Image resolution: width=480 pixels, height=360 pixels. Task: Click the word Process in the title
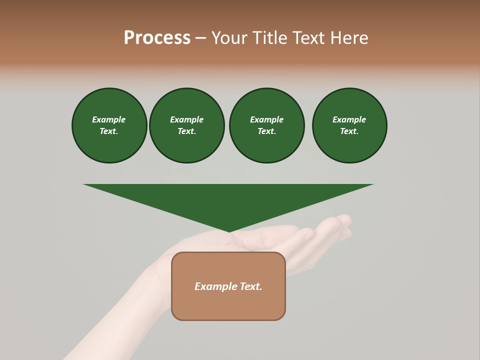click(157, 38)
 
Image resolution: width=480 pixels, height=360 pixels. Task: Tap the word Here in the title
click(348, 38)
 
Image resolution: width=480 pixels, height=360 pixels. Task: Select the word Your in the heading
click(229, 38)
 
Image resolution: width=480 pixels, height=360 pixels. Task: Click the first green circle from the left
click(109, 125)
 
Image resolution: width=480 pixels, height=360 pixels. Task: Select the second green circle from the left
click(186, 125)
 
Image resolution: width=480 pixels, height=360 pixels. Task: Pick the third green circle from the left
click(266, 125)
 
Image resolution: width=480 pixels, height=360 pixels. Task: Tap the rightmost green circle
click(349, 125)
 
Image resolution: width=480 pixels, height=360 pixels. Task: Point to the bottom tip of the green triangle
click(228, 231)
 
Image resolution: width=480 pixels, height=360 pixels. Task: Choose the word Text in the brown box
click(251, 286)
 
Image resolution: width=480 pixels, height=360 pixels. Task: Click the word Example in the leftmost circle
click(109, 119)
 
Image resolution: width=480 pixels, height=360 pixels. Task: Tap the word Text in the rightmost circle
click(349, 131)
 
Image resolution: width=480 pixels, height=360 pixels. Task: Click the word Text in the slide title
click(306, 38)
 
